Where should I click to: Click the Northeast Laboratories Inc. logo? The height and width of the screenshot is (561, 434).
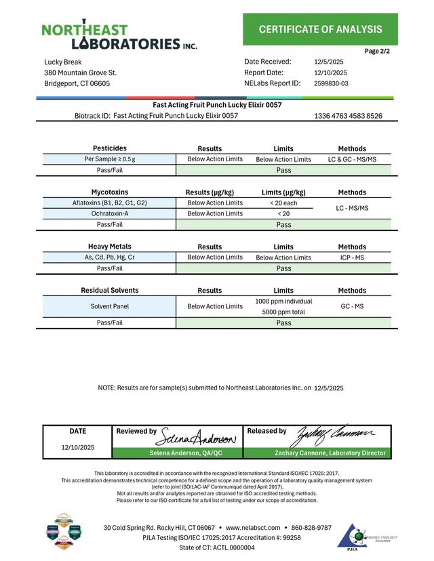point(119,36)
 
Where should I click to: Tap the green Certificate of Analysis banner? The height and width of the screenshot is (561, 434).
point(320,29)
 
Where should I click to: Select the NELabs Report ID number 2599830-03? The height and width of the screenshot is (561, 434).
point(332,83)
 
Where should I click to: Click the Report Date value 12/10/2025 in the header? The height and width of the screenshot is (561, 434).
point(330,72)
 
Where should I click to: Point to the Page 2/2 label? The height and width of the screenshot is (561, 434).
point(377,51)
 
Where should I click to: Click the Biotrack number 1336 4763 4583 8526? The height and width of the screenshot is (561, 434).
point(348,116)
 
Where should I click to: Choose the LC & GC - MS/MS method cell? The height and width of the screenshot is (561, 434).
point(351,159)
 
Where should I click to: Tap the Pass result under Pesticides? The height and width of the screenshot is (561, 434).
point(283,171)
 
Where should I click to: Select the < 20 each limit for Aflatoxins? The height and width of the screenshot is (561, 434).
point(283,203)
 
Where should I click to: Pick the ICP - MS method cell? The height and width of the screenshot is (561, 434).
point(351,257)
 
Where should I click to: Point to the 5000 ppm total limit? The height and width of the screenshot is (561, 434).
point(283,312)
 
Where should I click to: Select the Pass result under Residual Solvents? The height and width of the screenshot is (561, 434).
point(283,323)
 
